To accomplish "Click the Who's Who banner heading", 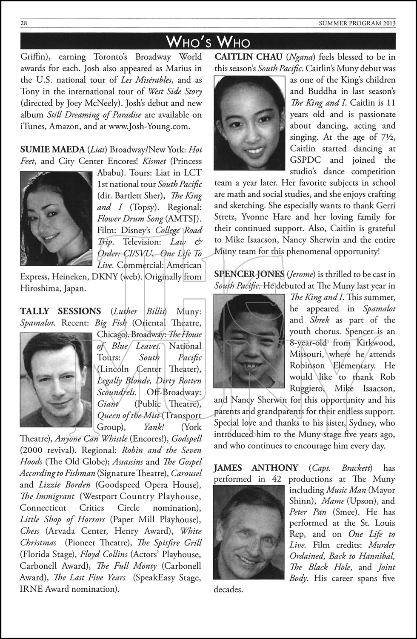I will pos(208,42).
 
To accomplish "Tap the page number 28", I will pos(24,23).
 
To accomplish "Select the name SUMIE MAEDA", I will pos(52,150).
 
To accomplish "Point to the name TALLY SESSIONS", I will pos(60,311).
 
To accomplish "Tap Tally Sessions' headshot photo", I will pos(56,380).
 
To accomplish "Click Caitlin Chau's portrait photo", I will pos(249,122).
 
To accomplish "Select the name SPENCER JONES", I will pos(249,274).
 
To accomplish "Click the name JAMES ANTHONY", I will pos(256,468).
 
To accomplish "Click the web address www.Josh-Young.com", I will pos(155,126).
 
